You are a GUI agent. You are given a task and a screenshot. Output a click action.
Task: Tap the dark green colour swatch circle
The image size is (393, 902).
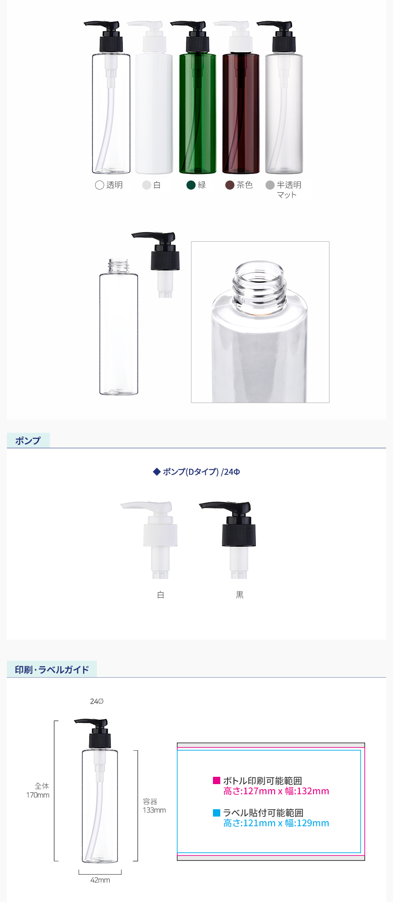click(x=191, y=185)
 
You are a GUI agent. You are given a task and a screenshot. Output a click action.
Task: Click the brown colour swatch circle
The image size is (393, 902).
click(x=230, y=185)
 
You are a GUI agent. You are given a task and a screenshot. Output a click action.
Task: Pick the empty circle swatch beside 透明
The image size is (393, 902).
click(x=99, y=185)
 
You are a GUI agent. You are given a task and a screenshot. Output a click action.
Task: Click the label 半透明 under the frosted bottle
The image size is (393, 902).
click(x=289, y=185)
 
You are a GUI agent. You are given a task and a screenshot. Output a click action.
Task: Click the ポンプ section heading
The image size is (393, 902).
click(x=28, y=440)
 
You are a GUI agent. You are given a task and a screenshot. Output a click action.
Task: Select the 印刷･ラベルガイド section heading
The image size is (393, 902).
click(x=52, y=670)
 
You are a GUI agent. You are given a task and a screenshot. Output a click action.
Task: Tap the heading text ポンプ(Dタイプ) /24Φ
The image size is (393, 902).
click(x=202, y=472)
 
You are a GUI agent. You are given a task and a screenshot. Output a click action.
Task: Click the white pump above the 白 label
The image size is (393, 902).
click(x=153, y=540)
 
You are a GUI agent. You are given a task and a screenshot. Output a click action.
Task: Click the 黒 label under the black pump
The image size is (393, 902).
click(x=239, y=595)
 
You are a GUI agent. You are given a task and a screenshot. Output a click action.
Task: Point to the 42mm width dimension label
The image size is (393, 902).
click(x=100, y=880)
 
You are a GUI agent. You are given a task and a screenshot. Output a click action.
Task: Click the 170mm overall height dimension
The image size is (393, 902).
click(x=37, y=795)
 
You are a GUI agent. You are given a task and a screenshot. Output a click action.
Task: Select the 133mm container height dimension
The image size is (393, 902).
click(x=154, y=810)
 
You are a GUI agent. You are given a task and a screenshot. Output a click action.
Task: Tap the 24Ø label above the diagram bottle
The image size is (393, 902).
click(x=97, y=701)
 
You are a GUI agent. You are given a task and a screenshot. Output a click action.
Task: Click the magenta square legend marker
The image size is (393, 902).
click(x=217, y=780)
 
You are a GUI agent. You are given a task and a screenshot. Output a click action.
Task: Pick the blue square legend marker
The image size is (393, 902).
click(x=217, y=812)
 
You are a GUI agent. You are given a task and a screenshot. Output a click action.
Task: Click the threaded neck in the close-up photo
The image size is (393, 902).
click(x=260, y=288)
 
